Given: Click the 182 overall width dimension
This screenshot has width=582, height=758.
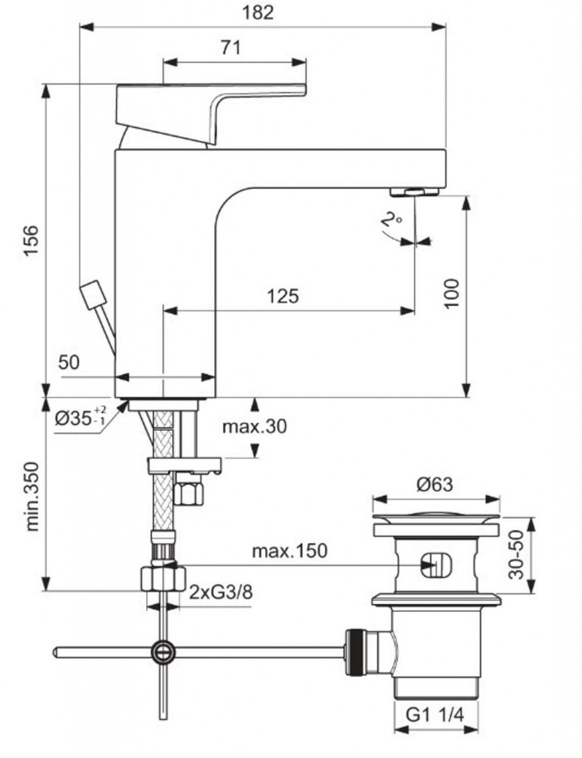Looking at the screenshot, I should pyautogui.click(x=258, y=13).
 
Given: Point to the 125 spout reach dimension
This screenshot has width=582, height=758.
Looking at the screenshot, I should pyautogui.click(x=282, y=297).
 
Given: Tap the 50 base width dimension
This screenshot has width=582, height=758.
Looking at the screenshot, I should pyautogui.click(x=69, y=362).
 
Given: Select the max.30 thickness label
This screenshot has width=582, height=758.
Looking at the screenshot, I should pyautogui.click(x=254, y=426).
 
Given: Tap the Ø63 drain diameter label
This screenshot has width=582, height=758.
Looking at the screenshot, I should pyautogui.click(x=434, y=485).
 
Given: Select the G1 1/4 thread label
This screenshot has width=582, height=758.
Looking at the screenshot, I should pyautogui.click(x=434, y=716).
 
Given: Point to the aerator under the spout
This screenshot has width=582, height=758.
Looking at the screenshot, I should pyautogui.click(x=414, y=192).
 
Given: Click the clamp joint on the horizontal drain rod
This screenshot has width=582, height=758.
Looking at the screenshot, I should pyautogui.click(x=163, y=651).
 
